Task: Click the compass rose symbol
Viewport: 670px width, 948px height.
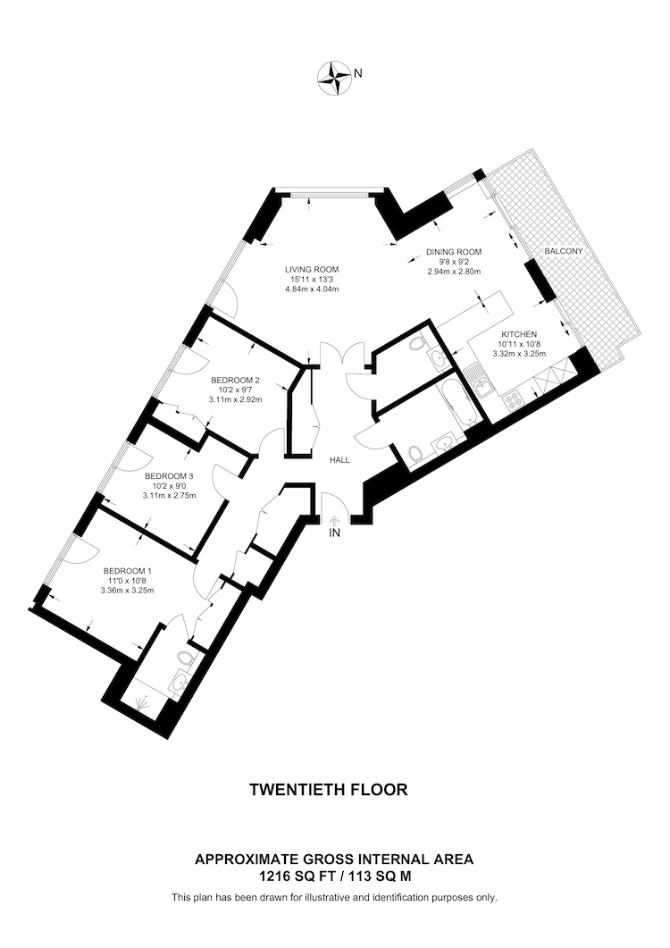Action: point(334,78)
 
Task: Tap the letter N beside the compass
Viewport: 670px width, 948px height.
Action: point(358,73)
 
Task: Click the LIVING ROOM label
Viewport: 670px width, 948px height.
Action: point(312,270)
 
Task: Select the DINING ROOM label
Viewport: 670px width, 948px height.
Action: point(454,252)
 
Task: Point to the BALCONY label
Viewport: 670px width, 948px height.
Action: point(564,251)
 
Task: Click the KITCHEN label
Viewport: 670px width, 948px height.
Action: point(519,334)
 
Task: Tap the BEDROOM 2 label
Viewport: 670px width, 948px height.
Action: point(235,381)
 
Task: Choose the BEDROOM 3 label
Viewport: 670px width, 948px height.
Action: point(170,476)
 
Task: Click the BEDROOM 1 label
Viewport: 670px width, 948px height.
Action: point(128,571)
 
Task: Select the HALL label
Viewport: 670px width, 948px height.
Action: point(339,460)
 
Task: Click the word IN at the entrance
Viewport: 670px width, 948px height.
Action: point(334,533)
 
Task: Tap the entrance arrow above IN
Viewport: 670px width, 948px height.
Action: point(334,520)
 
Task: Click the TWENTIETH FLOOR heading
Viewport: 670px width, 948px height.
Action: point(329,790)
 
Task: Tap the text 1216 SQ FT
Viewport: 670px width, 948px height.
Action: point(284,876)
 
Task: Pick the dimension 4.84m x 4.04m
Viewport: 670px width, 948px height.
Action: point(312,289)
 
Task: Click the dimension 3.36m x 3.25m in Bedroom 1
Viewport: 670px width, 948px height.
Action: point(128,591)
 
